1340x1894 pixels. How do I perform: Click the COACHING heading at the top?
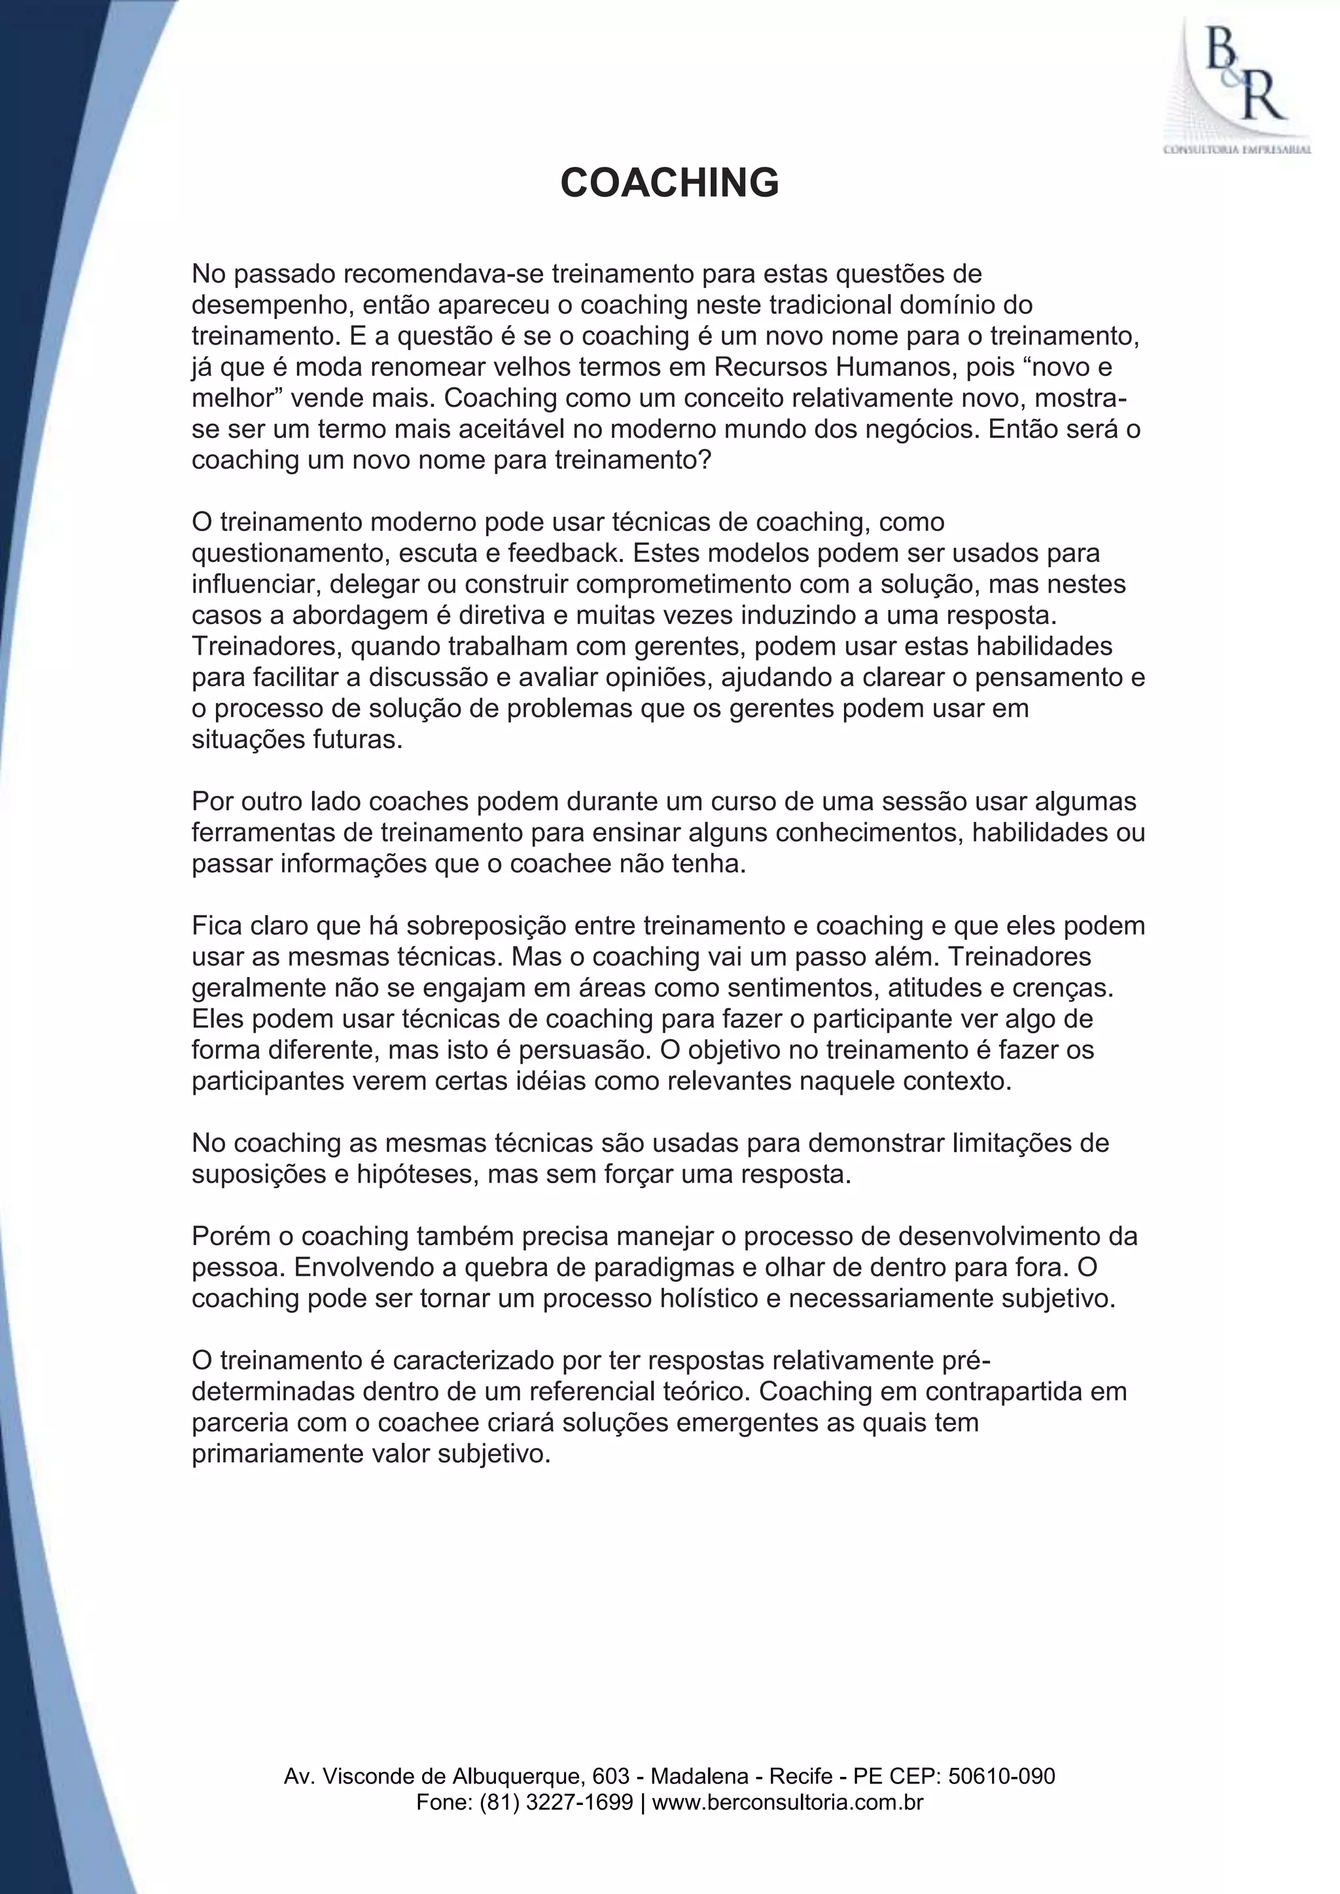tap(669, 182)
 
